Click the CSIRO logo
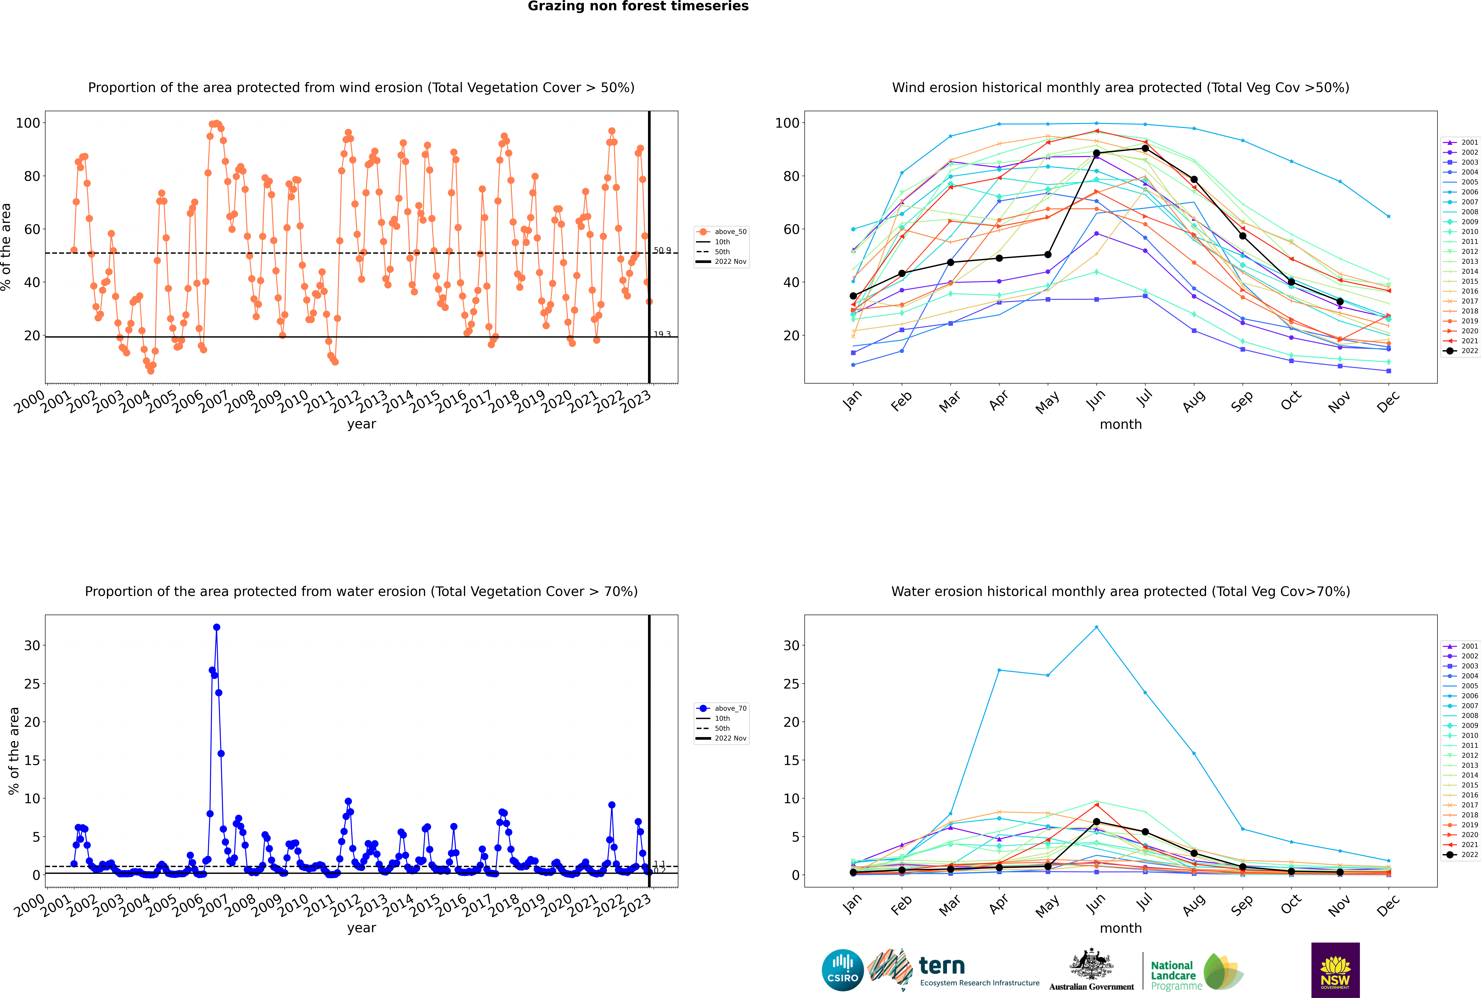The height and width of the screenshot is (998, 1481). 842,970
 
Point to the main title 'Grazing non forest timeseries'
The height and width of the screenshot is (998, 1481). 638,6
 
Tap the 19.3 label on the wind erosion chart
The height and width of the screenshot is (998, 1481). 662,334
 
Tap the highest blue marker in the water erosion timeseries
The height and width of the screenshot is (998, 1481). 216,627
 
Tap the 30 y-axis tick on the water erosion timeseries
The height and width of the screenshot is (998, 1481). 32,645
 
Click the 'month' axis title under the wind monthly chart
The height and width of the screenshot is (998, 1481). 1121,425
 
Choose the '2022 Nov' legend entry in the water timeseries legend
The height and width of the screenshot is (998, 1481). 730,738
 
